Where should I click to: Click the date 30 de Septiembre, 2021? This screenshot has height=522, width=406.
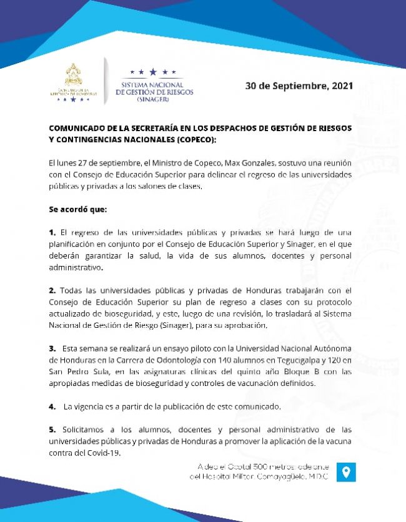[299, 86]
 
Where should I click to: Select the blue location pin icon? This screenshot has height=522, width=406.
[346, 471]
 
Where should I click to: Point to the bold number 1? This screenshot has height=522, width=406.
[52, 232]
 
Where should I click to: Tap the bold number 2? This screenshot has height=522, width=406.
[52, 290]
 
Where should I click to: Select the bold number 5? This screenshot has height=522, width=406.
[52, 430]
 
